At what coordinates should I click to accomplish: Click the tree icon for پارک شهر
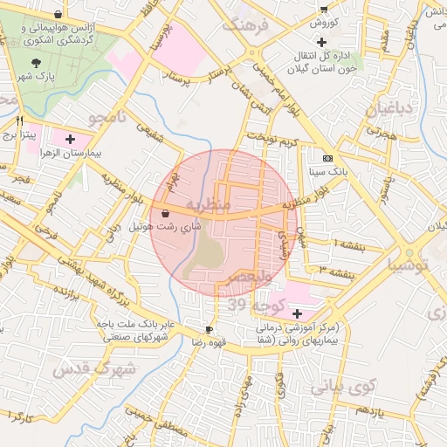tap(36, 63)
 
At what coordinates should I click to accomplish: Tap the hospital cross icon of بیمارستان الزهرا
tap(70, 138)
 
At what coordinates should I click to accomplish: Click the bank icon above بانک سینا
tap(327, 158)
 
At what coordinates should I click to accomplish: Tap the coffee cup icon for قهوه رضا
tap(209, 329)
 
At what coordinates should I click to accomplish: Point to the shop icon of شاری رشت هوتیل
tap(165, 213)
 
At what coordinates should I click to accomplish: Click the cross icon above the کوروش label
tap(321, 5)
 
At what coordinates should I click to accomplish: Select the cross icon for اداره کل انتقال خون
tap(322, 42)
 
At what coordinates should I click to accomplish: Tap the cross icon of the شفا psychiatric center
tap(298, 313)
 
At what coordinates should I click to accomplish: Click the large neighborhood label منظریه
tap(212, 206)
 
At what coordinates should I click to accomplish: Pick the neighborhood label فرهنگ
tap(253, 25)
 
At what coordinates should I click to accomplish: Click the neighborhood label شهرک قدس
tap(94, 368)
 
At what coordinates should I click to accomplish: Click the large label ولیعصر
tap(250, 277)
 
